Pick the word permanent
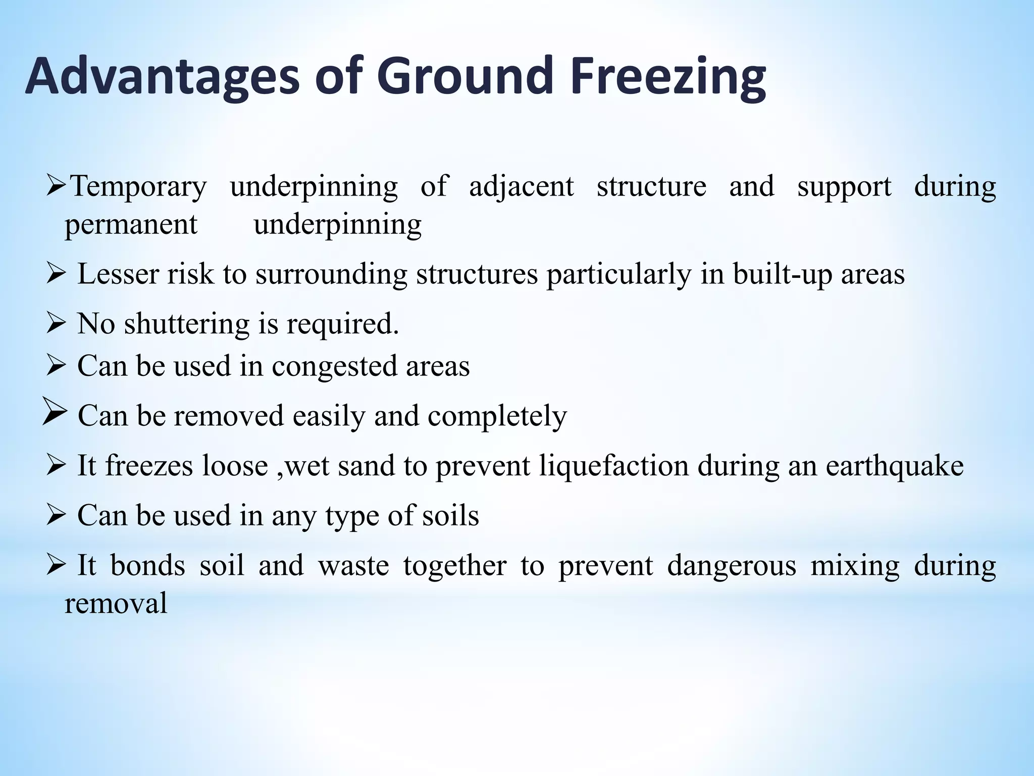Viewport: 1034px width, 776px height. [131, 225]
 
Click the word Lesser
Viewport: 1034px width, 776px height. [118, 274]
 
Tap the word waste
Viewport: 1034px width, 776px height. [353, 565]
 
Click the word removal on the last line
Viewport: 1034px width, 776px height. [116, 603]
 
